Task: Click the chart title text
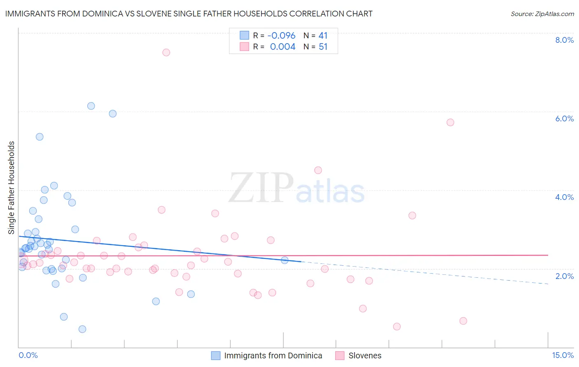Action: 189,14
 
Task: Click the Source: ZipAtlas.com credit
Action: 542,14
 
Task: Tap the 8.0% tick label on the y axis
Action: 564,40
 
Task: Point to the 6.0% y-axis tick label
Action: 564,118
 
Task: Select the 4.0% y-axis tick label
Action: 564,197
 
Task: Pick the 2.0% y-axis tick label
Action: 564,276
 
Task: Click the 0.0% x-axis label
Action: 28,355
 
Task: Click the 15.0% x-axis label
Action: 563,355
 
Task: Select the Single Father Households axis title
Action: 12,188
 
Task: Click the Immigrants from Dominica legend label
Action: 273,355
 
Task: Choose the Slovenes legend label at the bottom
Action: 365,355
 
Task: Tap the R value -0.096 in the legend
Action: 281,36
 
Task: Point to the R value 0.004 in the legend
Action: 282,47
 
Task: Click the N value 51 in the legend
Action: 323,47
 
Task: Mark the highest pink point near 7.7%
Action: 166,52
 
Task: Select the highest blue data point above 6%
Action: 91,106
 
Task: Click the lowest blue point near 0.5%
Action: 82,329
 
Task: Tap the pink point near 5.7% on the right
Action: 450,122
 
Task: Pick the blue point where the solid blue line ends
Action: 285,260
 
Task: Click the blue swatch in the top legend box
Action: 244,35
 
